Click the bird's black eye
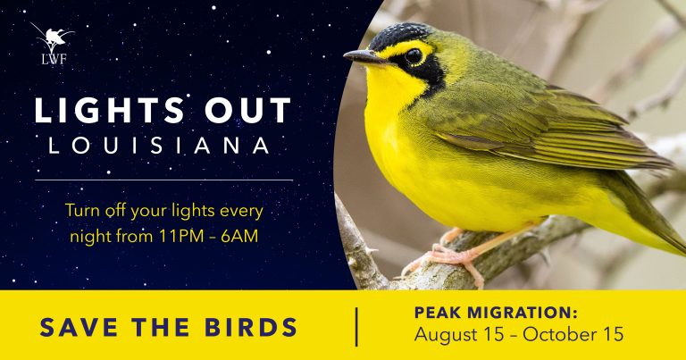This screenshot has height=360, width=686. point(414,56)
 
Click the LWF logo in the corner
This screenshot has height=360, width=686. point(53,44)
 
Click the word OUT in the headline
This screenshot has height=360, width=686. point(247,110)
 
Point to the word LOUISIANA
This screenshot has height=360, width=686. point(159,146)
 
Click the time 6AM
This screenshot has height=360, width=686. point(239,236)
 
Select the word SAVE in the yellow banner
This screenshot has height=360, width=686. point(79,327)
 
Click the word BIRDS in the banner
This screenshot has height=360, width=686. point(251,327)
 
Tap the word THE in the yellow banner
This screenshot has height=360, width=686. point(161,327)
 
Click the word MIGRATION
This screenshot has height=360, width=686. point(523,313)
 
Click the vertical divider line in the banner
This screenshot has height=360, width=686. point(356,327)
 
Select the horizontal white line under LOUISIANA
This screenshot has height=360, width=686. point(164,180)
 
